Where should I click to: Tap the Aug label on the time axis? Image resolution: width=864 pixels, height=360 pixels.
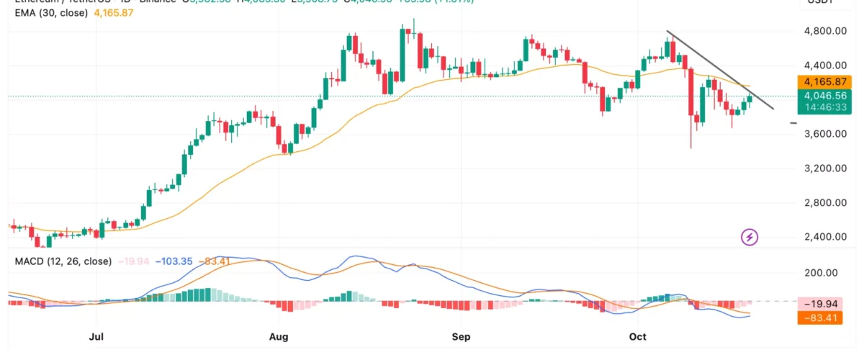279,336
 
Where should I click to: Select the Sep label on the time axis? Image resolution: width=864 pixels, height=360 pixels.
461,336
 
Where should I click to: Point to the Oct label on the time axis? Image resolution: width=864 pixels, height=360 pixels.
638,336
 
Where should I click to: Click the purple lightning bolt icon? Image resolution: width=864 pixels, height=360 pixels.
750,237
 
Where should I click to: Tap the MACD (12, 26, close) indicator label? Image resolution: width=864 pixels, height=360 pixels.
63,261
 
